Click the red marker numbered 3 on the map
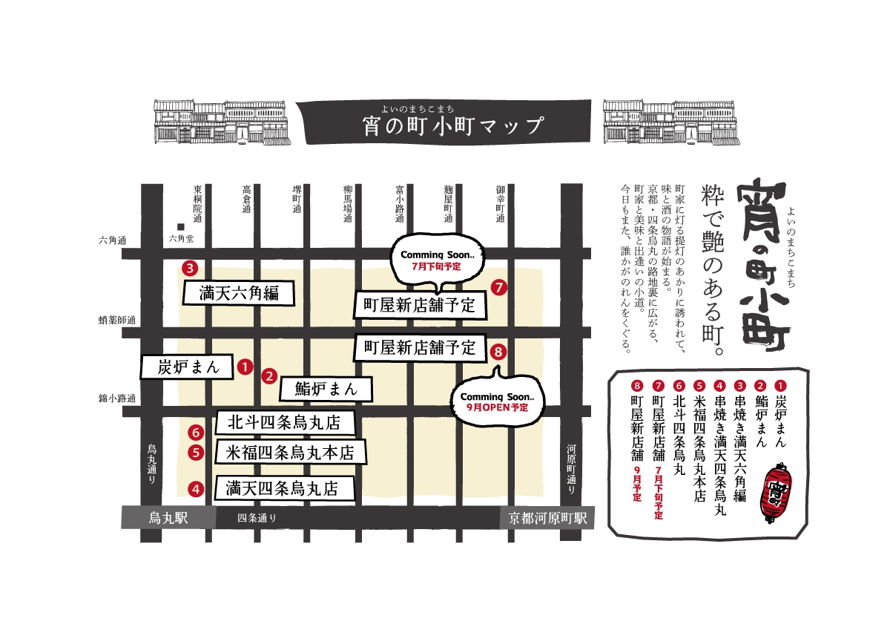pyautogui.click(x=191, y=268)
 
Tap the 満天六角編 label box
pyautogui.click(x=238, y=293)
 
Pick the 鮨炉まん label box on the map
pyautogui.click(x=326, y=388)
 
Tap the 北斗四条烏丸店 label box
pyautogui.click(x=284, y=423)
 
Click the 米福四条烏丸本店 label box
pyautogui.click(x=290, y=452)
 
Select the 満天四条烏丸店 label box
pyautogui.click(x=283, y=488)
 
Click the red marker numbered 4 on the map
pyautogui.click(x=195, y=489)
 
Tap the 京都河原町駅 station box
pyautogui.click(x=547, y=518)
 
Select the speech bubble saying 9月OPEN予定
pyautogui.click(x=498, y=401)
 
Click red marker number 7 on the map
pyautogui.click(x=498, y=286)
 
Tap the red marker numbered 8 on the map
pyautogui.click(x=498, y=352)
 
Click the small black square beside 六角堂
pyautogui.click(x=180, y=226)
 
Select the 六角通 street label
pyautogui.click(x=113, y=240)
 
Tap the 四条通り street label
pyautogui.click(x=257, y=518)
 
